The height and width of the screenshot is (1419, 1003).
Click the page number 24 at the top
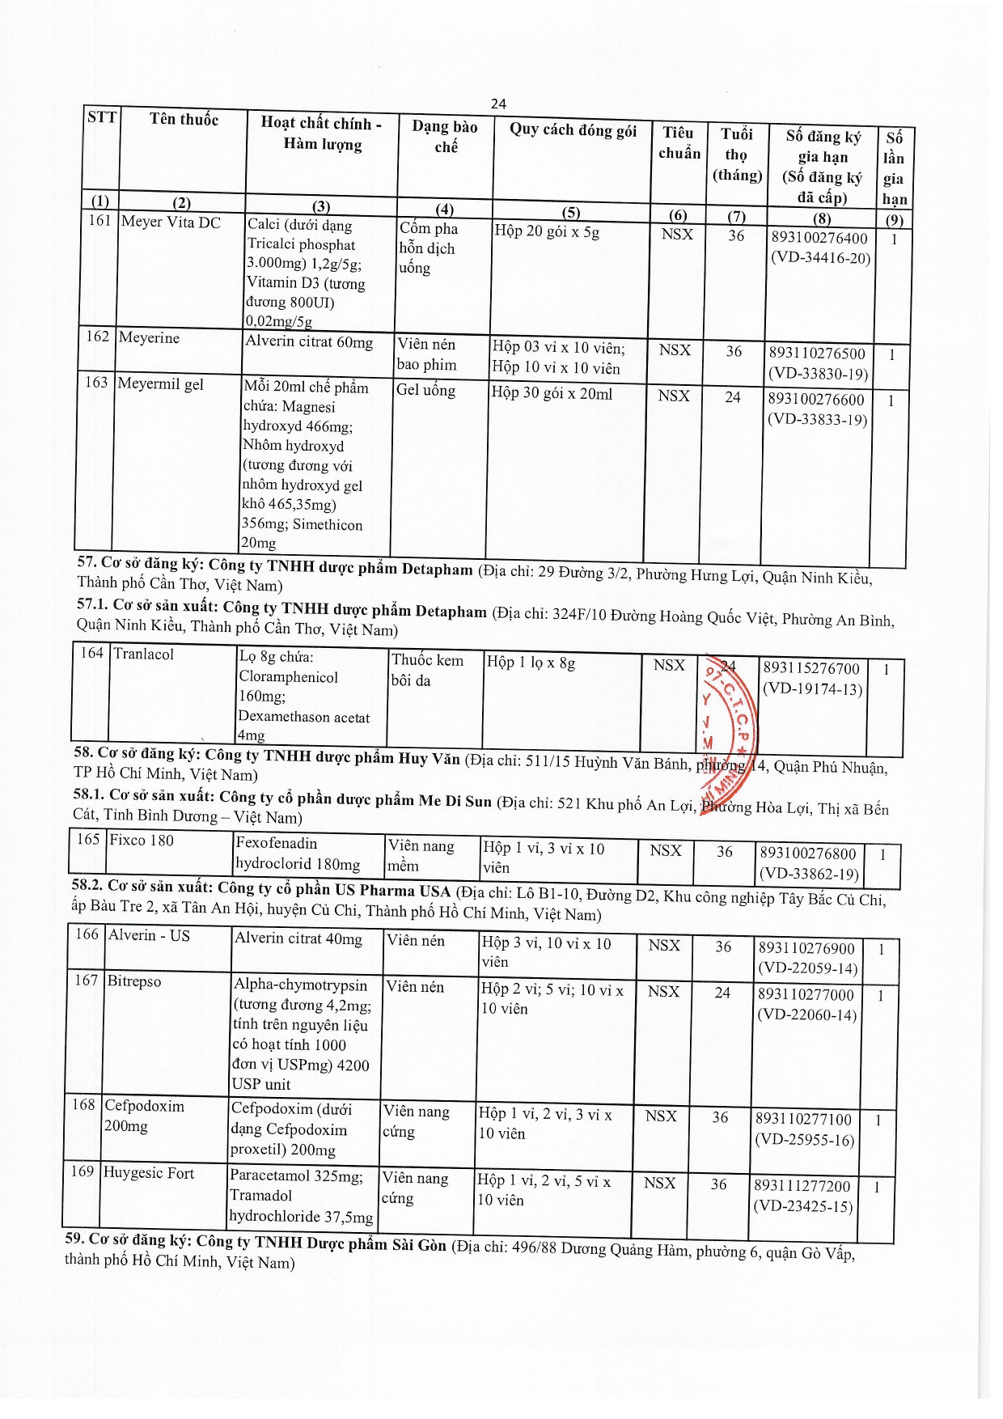pyautogui.click(x=498, y=104)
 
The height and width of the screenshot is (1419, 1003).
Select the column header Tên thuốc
pyautogui.click(x=184, y=120)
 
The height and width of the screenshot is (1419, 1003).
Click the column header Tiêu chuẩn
pyautogui.click(x=679, y=143)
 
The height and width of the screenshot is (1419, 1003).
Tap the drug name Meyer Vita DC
pyautogui.click(x=171, y=222)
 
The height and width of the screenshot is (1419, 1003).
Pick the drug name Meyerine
pyautogui.click(x=149, y=337)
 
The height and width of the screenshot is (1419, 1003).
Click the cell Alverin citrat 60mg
pyautogui.click(x=309, y=342)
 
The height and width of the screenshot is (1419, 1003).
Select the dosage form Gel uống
pyautogui.click(x=425, y=390)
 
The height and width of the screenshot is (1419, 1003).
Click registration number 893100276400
pyautogui.click(x=819, y=238)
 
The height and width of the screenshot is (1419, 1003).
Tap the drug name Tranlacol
pyautogui.click(x=143, y=654)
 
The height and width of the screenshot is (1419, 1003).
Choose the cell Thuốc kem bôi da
pyautogui.click(x=427, y=670)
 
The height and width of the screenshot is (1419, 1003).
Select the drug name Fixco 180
pyautogui.click(x=142, y=840)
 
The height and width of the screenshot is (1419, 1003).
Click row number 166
pyautogui.click(x=87, y=934)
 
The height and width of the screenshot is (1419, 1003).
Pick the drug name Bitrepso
pyautogui.click(x=134, y=981)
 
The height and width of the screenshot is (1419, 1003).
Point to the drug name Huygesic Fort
pyautogui.click(x=149, y=1173)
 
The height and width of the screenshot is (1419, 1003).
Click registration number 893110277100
pyautogui.click(x=803, y=1119)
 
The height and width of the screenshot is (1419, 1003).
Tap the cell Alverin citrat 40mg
pyautogui.click(x=298, y=938)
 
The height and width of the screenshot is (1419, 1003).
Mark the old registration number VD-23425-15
pyautogui.click(x=803, y=1206)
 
